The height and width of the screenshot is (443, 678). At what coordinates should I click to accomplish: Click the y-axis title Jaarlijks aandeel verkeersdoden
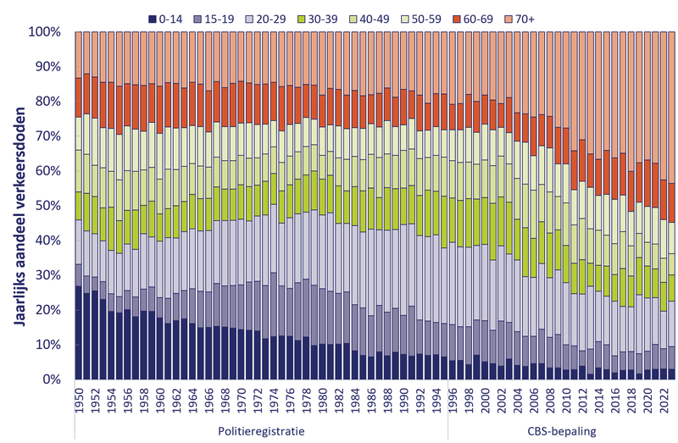pos(20,206)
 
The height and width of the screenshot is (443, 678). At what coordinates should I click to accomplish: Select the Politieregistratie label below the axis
pos(261,430)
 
